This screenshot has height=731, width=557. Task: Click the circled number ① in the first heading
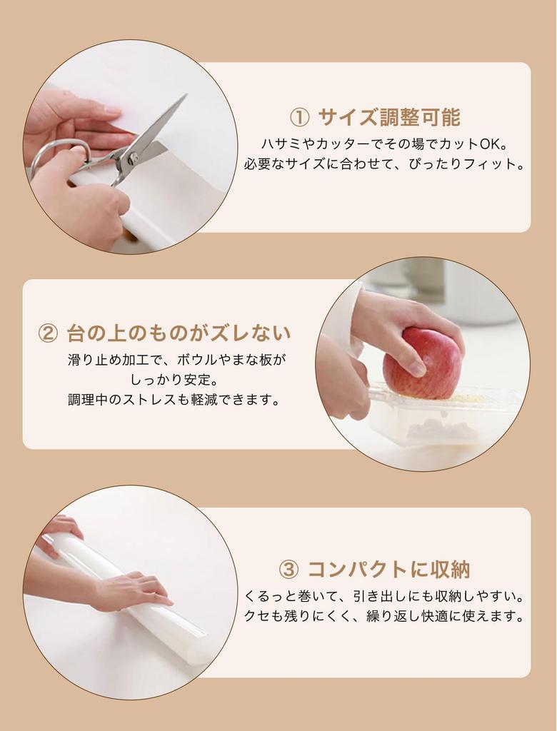point(299,118)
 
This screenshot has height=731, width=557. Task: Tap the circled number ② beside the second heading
point(48,334)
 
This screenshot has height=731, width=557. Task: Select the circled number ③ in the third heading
point(288,570)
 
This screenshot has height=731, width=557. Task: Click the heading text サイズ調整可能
point(389,117)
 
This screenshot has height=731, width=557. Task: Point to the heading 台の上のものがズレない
point(179,333)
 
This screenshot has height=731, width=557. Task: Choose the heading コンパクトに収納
point(389,570)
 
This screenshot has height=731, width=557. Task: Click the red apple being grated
point(422,363)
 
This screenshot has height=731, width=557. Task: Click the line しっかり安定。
point(174,380)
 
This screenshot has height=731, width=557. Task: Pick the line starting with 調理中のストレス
point(174,400)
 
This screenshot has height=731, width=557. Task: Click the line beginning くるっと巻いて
point(384,596)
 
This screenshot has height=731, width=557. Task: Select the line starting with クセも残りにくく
point(384,616)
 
